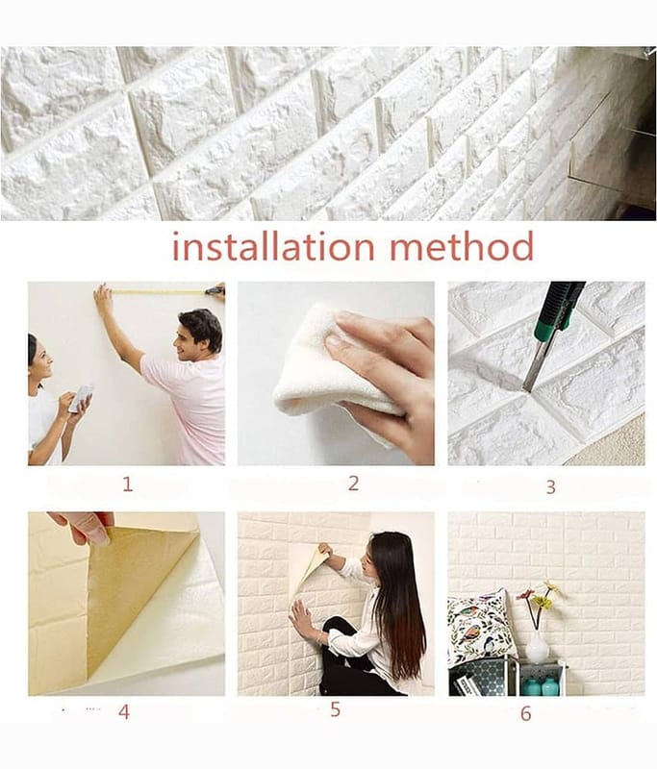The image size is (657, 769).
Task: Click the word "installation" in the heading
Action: pos(273,246)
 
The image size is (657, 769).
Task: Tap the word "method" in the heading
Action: pos(462,246)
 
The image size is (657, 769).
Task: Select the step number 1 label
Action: pos(128,484)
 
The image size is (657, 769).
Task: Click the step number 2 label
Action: pos(353,484)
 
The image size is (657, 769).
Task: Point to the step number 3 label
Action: pos(550,487)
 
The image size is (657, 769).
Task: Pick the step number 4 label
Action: pos(124,711)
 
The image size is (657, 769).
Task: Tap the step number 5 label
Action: pos(335,709)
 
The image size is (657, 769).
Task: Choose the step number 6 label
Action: pos(525,713)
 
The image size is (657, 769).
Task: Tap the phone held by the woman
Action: pos(81,398)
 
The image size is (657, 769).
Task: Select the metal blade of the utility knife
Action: pos(535,363)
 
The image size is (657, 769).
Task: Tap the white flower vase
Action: pos(538,646)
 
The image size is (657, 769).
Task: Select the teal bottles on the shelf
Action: pos(541,685)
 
